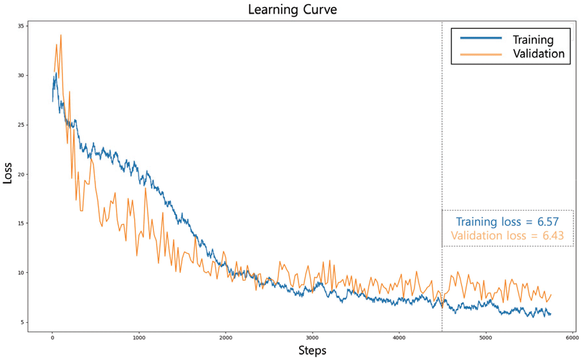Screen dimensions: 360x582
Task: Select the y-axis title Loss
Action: coord(8,174)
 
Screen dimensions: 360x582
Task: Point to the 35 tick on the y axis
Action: coord(21,26)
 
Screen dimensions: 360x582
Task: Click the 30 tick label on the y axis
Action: coord(21,75)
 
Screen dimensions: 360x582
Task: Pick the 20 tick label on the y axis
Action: coord(21,174)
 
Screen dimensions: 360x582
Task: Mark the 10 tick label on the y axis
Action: coord(21,272)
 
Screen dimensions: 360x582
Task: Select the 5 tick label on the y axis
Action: coord(23,322)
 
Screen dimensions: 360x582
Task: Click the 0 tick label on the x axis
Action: coord(52,336)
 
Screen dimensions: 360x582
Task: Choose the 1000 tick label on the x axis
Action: coord(139,336)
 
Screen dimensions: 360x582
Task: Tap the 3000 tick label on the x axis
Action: coord(312,336)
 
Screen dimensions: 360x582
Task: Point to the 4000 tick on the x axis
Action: coord(399,336)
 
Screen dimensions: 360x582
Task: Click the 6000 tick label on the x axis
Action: coord(572,336)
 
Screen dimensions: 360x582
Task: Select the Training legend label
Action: coord(533,39)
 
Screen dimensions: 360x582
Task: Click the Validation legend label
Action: coord(539,54)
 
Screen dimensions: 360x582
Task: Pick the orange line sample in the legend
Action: coord(480,54)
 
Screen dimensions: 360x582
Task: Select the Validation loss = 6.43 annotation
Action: coord(507,236)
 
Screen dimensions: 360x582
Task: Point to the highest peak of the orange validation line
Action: coord(61,35)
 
